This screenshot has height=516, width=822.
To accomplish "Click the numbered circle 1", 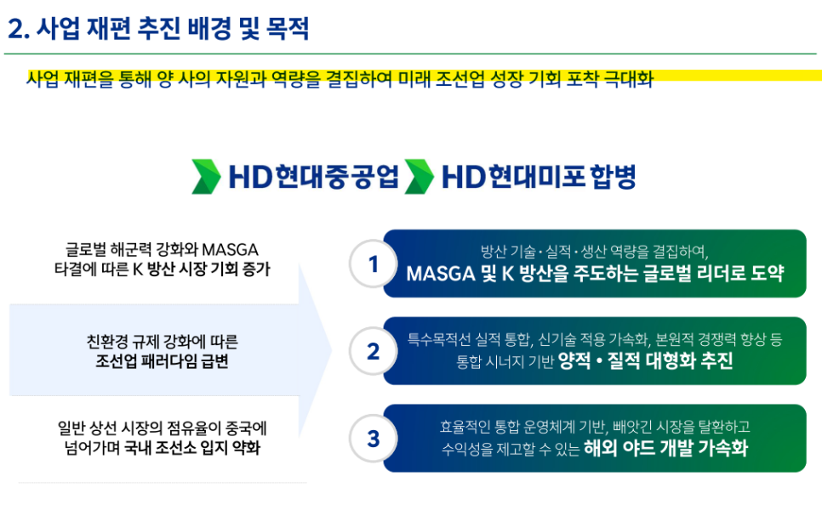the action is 373,264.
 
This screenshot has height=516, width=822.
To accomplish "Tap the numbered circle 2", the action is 373,351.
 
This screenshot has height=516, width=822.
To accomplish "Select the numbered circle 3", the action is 373,439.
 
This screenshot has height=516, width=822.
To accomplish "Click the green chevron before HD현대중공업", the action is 206,177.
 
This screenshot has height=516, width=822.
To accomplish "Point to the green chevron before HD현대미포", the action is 420,177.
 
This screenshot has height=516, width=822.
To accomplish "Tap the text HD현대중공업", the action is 313,177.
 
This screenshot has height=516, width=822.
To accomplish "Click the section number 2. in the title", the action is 19,29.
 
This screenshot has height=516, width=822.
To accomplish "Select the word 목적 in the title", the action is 288,28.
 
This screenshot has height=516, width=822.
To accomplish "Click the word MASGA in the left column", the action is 230,249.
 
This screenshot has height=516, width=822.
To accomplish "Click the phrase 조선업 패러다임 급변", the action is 162,361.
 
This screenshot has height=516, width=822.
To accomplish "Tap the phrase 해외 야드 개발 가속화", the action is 665,448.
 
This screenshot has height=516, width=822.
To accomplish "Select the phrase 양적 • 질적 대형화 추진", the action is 646,360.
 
